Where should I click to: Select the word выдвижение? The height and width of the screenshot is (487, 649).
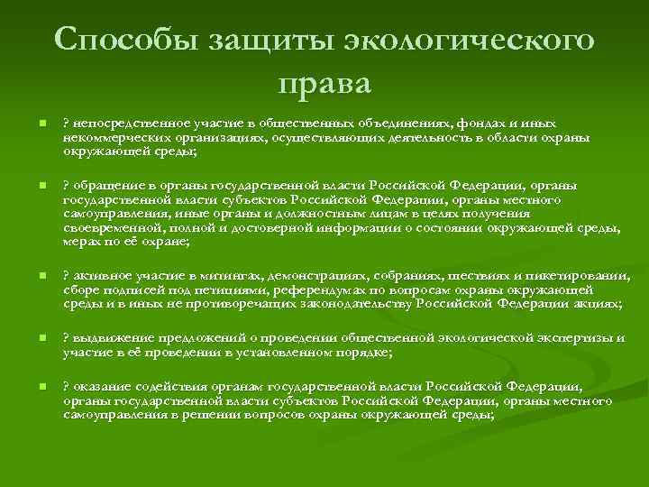coord(106,337)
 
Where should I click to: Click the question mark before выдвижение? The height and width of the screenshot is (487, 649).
coord(65,337)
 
